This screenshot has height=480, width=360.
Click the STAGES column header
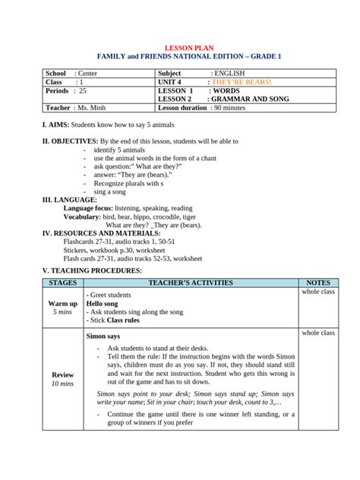coord(62,283)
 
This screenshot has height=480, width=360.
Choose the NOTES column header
coord(318,283)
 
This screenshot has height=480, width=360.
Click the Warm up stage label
coord(62,303)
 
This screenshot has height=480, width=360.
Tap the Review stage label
coord(62,375)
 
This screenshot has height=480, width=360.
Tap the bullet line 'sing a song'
coord(112,192)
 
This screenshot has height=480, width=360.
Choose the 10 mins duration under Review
coord(62,384)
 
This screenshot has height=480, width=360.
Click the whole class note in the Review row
coord(318,333)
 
